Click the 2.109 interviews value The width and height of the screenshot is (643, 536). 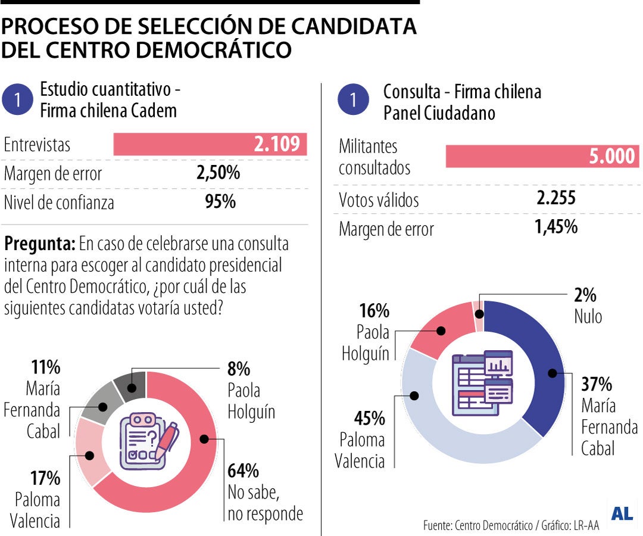click(276, 145)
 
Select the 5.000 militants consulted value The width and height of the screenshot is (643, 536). click(611, 157)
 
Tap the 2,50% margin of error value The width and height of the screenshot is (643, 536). click(218, 174)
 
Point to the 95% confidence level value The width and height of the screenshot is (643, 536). click(220, 202)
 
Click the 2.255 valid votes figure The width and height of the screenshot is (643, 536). click(555, 198)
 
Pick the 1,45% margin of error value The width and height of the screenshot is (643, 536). click(555, 227)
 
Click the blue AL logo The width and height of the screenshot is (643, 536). click(622, 513)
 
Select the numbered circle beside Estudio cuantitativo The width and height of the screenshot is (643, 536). click(18, 100)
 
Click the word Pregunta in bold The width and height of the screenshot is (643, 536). click(39, 244)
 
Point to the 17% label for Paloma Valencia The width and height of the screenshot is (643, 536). click(45, 478)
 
